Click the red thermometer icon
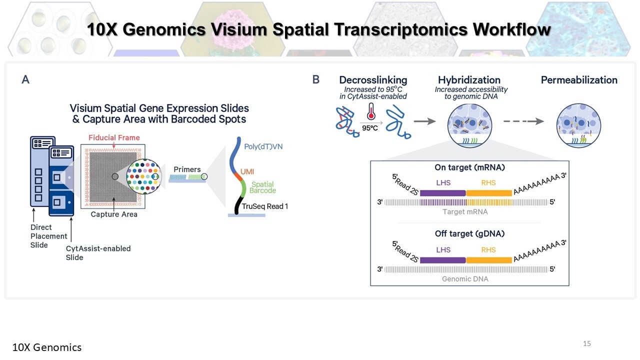[371, 111]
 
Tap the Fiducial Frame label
[114, 137]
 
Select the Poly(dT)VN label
[263, 146]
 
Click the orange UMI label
[247, 171]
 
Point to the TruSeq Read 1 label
[265, 206]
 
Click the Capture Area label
[114, 214]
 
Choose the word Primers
[187, 169]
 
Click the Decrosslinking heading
[373, 80]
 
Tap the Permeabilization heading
[579, 80]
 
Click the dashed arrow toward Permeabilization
[523, 121]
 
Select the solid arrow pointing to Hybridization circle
[424, 121]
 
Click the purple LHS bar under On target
[443, 193]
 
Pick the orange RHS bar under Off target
[489, 260]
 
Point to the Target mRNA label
[465, 211]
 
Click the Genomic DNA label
[465, 279]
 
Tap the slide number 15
[587, 343]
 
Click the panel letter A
[25, 79]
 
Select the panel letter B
[315, 79]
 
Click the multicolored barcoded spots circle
[143, 176]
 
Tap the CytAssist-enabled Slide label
[98, 253]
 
